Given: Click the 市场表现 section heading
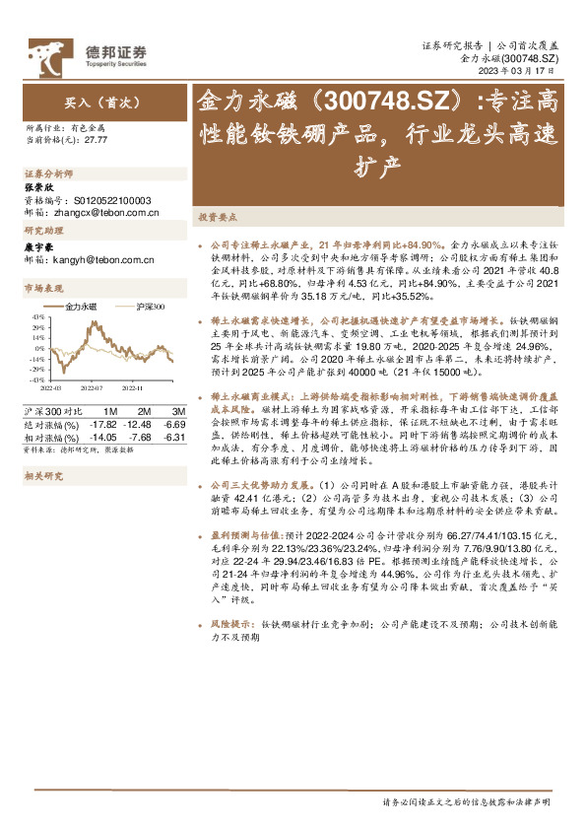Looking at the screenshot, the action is point(42,289).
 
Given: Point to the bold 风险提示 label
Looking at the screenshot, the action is point(230,625).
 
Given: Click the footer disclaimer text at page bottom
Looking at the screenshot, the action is point(466,803).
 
